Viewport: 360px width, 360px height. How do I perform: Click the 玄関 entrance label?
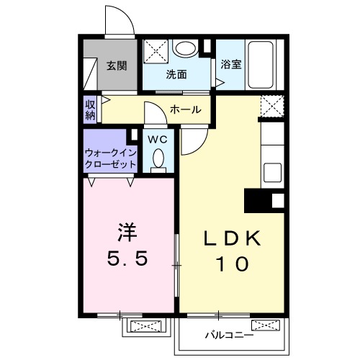pos(117,66)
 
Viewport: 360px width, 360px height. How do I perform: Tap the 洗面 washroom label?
pos(176,74)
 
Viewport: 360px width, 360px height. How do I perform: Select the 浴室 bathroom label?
pos(231,64)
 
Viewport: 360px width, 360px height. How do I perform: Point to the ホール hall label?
pos(186,109)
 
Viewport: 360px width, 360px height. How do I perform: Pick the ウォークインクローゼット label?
pos(110,158)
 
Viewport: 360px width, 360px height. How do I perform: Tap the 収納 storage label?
pos(90,109)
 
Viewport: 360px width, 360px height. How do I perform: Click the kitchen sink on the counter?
pos(272,172)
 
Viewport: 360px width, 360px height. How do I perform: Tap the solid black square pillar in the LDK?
pos(256,199)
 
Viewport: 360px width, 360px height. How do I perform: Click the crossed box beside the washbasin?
pos(156,50)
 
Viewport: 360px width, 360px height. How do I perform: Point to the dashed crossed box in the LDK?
pos(271,107)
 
